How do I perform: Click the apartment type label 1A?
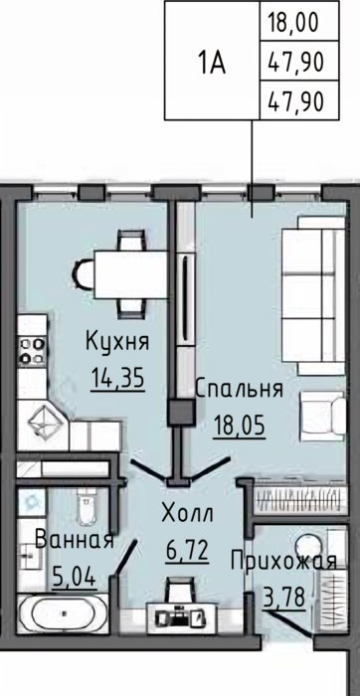pyautogui.click(x=212, y=64)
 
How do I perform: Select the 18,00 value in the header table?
pyautogui.click(x=293, y=22)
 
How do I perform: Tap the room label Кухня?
pyautogui.click(x=117, y=342)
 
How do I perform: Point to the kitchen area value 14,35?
pyautogui.click(x=118, y=380)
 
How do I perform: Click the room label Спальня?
pyautogui.click(x=240, y=389)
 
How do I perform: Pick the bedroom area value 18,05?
pyautogui.click(x=240, y=427)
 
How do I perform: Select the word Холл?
pyautogui.click(x=187, y=513)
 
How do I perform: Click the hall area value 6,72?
pyautogui.click(x=187, y=551)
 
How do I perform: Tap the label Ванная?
pyautogui.click(x=75, y=540)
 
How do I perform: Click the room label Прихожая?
pyautogui.click(x=283, y=562)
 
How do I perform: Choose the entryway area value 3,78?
pyautogui.click(x=284, y=599)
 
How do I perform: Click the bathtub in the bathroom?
pyautogui.click(x=63, y=613)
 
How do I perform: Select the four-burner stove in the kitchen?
pyautogui.click(x=32, y=350)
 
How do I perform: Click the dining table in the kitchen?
pyautogui.click(x=131, y=274)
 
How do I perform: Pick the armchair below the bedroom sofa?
pyautogui.click(x=322, y=416)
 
